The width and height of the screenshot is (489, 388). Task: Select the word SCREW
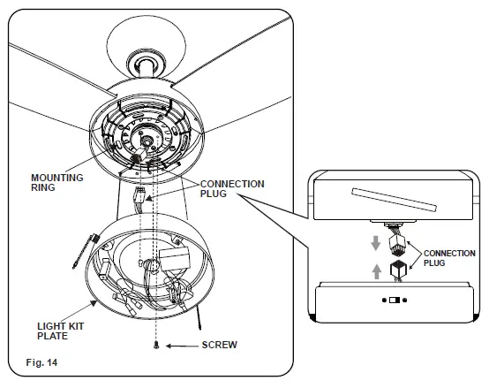coord(220,344)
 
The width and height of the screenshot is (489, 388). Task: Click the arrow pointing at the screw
coord(183,344)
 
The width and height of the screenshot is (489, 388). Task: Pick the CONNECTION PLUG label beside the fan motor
coord(231,189)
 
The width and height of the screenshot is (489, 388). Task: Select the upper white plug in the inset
coord(398,241)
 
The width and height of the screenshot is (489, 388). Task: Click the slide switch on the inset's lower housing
coord(393,301)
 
